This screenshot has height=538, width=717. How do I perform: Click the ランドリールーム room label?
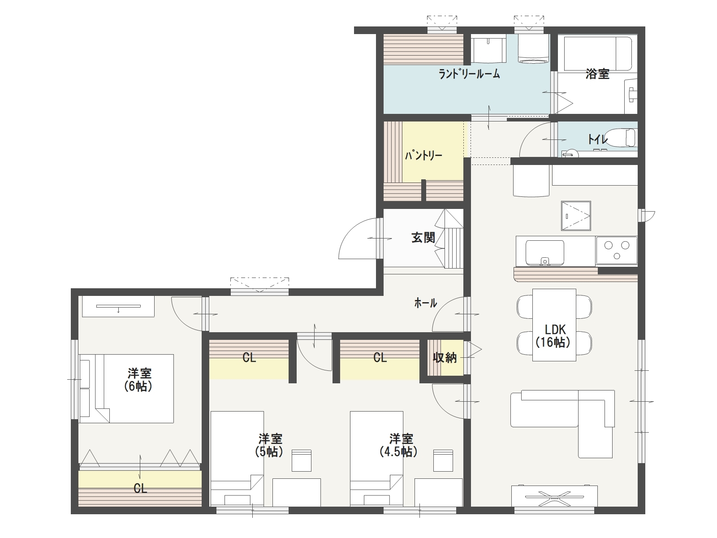[469, 74]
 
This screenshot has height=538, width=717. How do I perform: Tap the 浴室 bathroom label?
[597, 74]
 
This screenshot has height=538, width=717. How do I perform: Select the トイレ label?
[597, 139]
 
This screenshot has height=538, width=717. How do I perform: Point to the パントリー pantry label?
[423, 155]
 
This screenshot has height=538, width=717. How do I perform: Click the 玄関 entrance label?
[423, 238]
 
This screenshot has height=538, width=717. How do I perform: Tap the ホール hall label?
[425, 303]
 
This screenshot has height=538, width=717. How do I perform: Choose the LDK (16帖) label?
[553, 336]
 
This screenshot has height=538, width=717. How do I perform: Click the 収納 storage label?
[445, 358]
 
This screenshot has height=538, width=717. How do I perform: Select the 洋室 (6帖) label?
[138, 380]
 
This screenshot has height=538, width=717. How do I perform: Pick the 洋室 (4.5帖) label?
[398, 445]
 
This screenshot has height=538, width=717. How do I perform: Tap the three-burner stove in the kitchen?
[616, 251]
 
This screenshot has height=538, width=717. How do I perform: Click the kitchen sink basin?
[544, 253]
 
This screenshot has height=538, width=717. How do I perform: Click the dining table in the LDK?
[554, 325]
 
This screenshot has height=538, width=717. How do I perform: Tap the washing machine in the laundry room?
[533, 48]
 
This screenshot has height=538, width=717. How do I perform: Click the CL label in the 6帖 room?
[140, 489]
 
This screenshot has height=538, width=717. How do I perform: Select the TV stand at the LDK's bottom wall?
[554, 496]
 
